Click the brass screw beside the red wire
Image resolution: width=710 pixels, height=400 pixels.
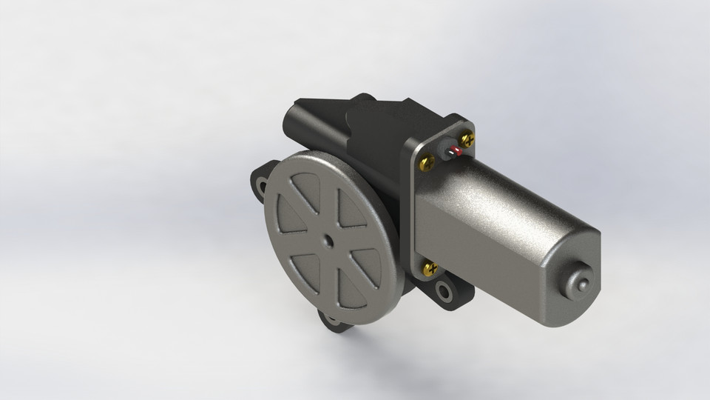(x=467, y=139)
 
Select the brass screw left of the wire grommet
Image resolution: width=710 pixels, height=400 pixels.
(x=427, y=161)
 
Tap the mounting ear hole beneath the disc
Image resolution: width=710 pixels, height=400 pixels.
(x=331, y=321)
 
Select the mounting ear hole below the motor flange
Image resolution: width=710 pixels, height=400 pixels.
(x=446, y=291)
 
